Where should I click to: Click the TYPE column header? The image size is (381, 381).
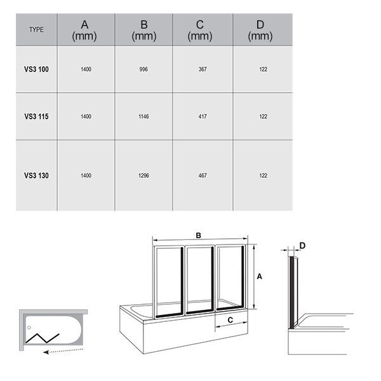(36, 30)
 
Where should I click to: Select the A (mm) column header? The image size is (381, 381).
(84, 30)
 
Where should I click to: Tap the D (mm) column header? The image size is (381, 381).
(260, 30)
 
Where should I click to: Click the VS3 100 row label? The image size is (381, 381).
(36, 69)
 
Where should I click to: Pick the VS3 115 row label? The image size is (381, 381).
(36, 116)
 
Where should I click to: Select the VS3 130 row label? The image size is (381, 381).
(36, 175)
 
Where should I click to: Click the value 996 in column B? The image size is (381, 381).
(144, 69)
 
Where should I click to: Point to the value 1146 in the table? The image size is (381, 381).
(144, 116)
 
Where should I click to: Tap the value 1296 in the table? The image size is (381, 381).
(144, 175)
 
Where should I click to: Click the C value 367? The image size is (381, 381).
(203, 69)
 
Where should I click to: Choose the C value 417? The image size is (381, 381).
(203, 116)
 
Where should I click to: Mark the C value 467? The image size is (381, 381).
(203, 175)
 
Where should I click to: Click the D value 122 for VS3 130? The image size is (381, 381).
(263, 175)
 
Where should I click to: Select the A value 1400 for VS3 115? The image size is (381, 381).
(86, 116)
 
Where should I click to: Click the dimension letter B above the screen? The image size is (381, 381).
(199, 236)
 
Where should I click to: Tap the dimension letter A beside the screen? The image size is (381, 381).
(260, 276)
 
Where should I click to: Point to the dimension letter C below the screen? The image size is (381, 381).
(231, 320)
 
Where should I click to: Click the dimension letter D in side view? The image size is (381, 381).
(302, 246)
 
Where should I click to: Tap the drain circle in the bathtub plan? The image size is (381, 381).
(29, 328)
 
